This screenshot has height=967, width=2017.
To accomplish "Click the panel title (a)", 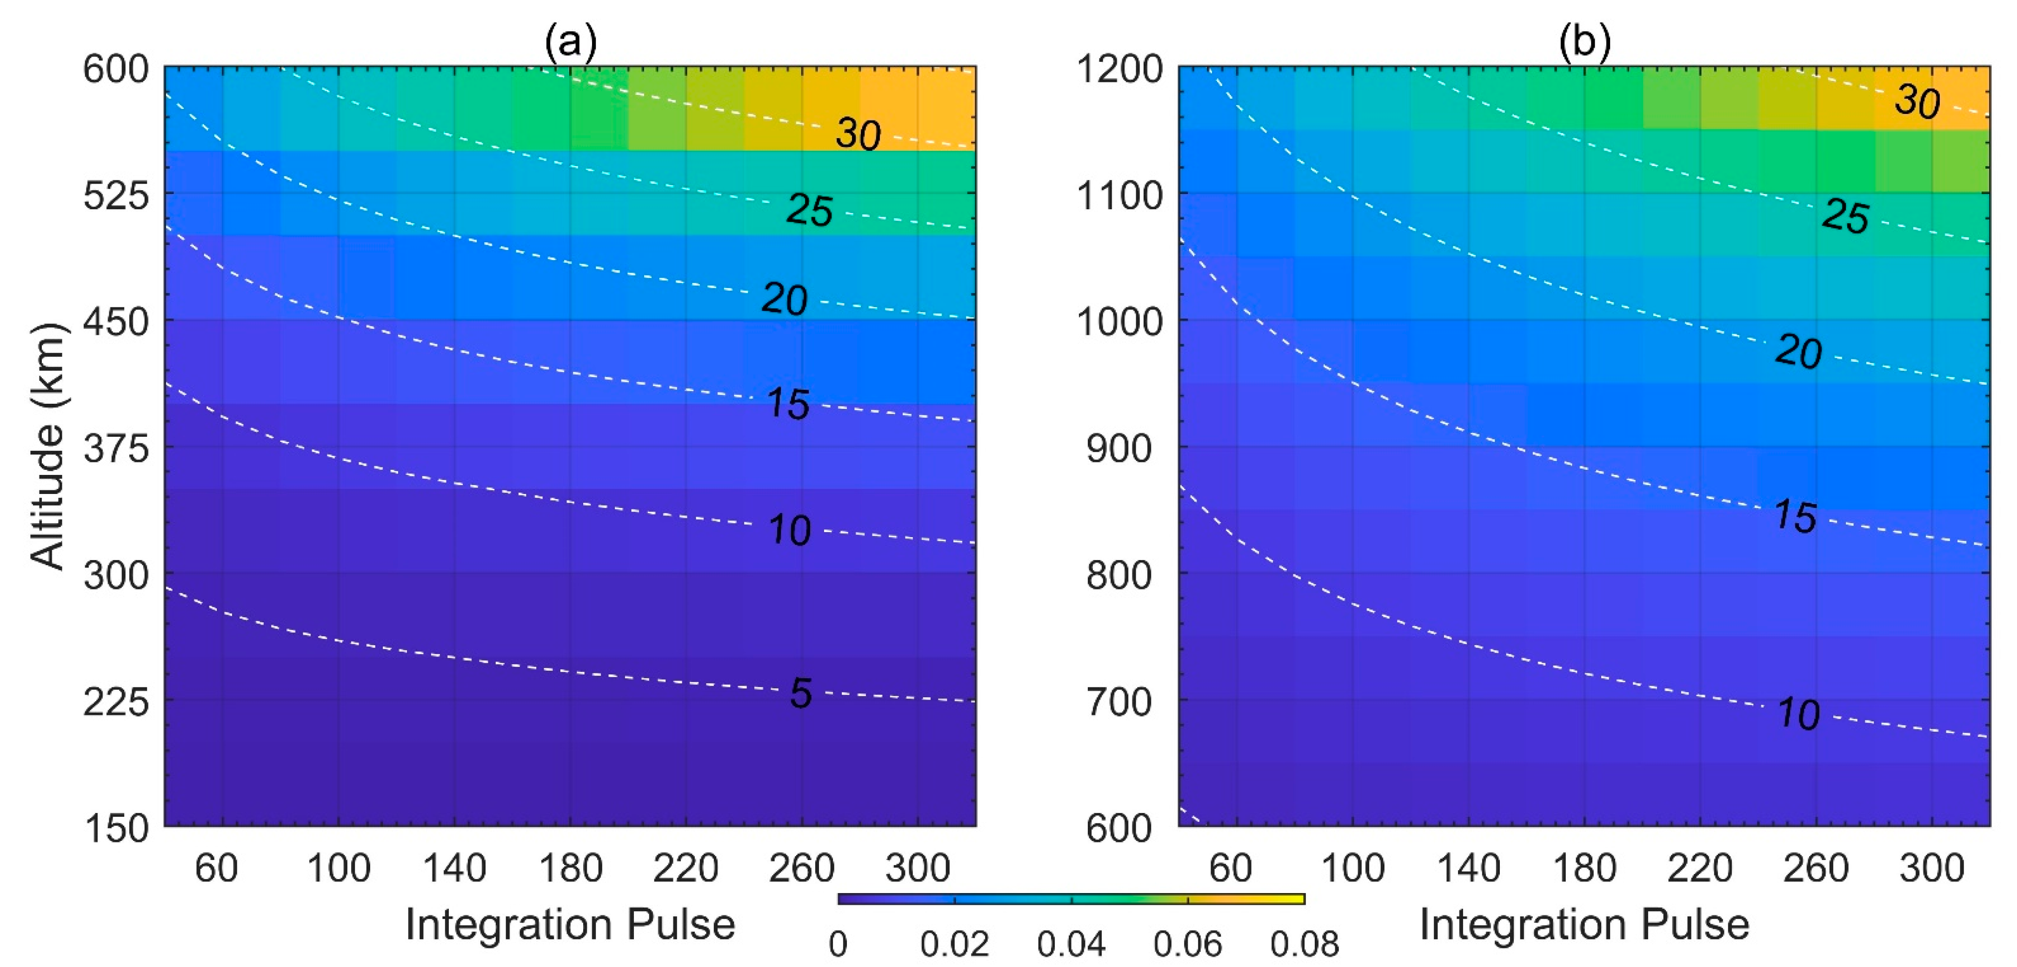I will [570, 41].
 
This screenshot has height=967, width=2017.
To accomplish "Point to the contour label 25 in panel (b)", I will [1845, 216].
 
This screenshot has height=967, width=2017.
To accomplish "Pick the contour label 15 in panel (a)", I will [788, 404].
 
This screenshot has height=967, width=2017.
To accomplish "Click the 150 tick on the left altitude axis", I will [116, 827].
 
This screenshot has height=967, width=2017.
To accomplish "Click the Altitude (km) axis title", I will [48, 447].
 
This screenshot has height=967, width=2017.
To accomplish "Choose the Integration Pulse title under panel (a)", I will [570, 925].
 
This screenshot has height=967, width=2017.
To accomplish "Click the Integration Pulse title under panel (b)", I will [1584, 925].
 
